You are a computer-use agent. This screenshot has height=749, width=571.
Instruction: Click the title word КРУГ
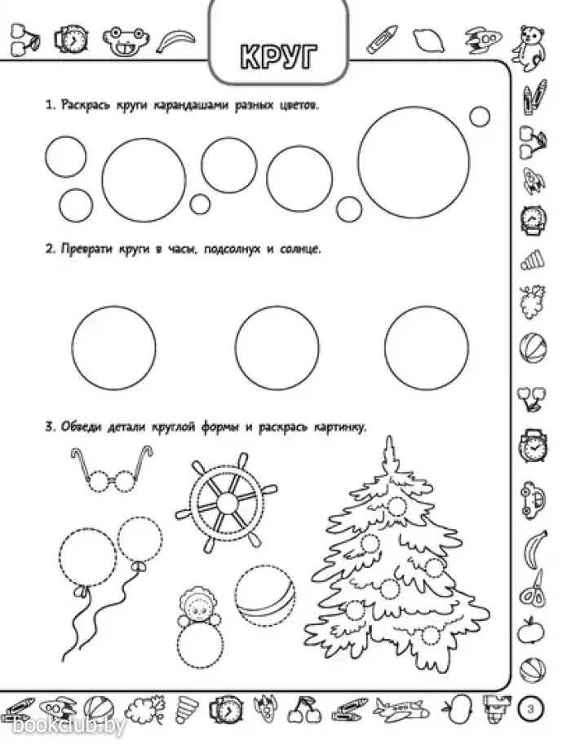[x=278, y=57]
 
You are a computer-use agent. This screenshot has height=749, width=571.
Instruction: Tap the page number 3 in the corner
[x=530, y=709]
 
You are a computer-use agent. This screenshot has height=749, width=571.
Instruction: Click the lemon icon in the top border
[x=428, y=40]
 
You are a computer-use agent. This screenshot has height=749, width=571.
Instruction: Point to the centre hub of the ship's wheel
[x=227, y=502]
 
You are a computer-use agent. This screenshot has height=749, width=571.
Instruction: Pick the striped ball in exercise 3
[x=265, y=594]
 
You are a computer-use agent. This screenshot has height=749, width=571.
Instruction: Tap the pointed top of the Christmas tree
[x=389, y=437]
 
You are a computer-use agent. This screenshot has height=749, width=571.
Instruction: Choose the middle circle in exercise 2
[x=277, y=348]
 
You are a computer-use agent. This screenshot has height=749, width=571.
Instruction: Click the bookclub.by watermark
[x=69, y=726]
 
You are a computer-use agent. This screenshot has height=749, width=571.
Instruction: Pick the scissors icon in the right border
[x=533, y=589]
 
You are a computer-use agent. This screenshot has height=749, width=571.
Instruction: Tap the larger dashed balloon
[x=87, y=557]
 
